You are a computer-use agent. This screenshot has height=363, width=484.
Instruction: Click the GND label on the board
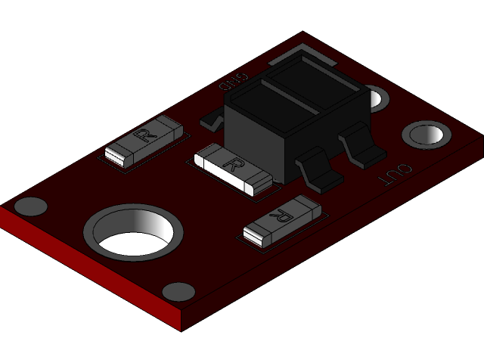[x=234, y=80]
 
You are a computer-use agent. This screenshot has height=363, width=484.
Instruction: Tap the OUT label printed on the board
[x=396, y=175]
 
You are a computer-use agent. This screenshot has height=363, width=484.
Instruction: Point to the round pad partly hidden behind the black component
[x=377, y=98]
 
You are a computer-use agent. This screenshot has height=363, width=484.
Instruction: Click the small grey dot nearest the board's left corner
[x=31, y=206]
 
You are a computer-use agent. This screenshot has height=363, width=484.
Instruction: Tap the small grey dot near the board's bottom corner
[x=178, y=292]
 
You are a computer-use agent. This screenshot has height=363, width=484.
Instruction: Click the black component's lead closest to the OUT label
[x=359, y=147]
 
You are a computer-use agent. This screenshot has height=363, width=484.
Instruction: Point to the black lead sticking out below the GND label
[x=213, y=119]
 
